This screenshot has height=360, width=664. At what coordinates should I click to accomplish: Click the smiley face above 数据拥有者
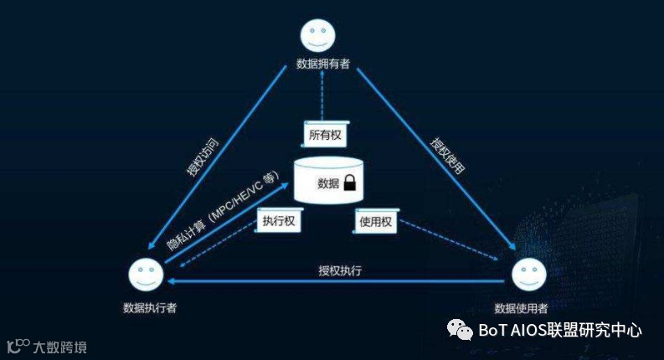coord(318,34)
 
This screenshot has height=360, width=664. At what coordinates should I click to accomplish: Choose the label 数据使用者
coord(522,306)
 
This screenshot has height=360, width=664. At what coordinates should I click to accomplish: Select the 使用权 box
coord(374,221)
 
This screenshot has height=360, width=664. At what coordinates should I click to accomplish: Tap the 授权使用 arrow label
coord(448,156)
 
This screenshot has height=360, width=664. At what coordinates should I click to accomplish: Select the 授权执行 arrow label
coord(340,270)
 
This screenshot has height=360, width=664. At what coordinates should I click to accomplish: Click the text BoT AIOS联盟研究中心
coord(561,330)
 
